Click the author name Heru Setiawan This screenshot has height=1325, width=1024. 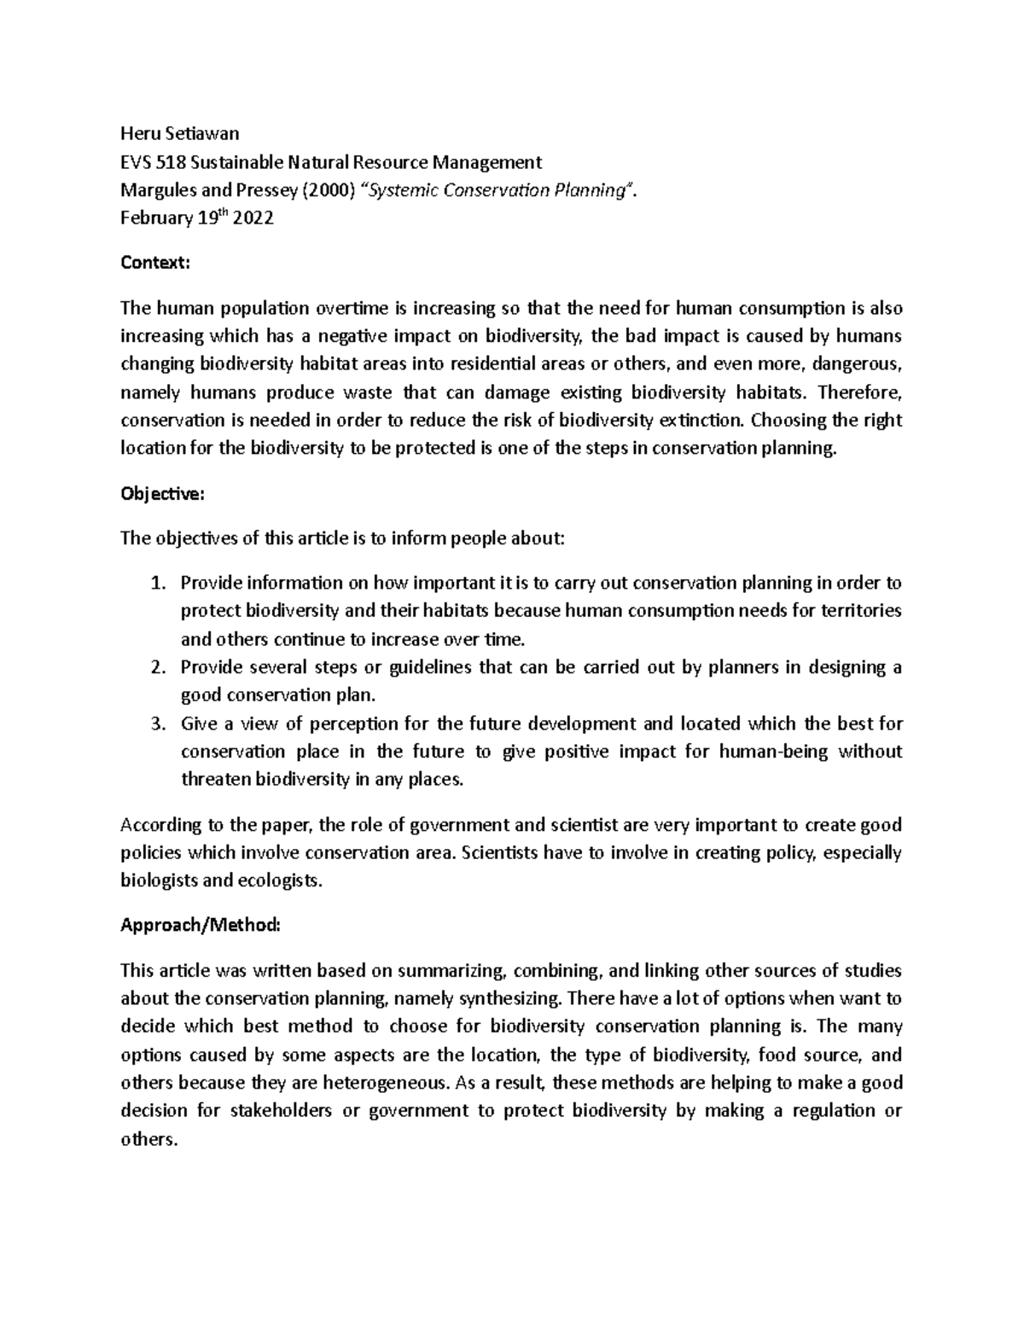click(x=180, y=133)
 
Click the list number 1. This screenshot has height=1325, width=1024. click(x=155, y=584)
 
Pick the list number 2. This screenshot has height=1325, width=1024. click(x=155, y=668)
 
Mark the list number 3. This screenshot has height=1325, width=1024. click(x=155, y=724)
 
